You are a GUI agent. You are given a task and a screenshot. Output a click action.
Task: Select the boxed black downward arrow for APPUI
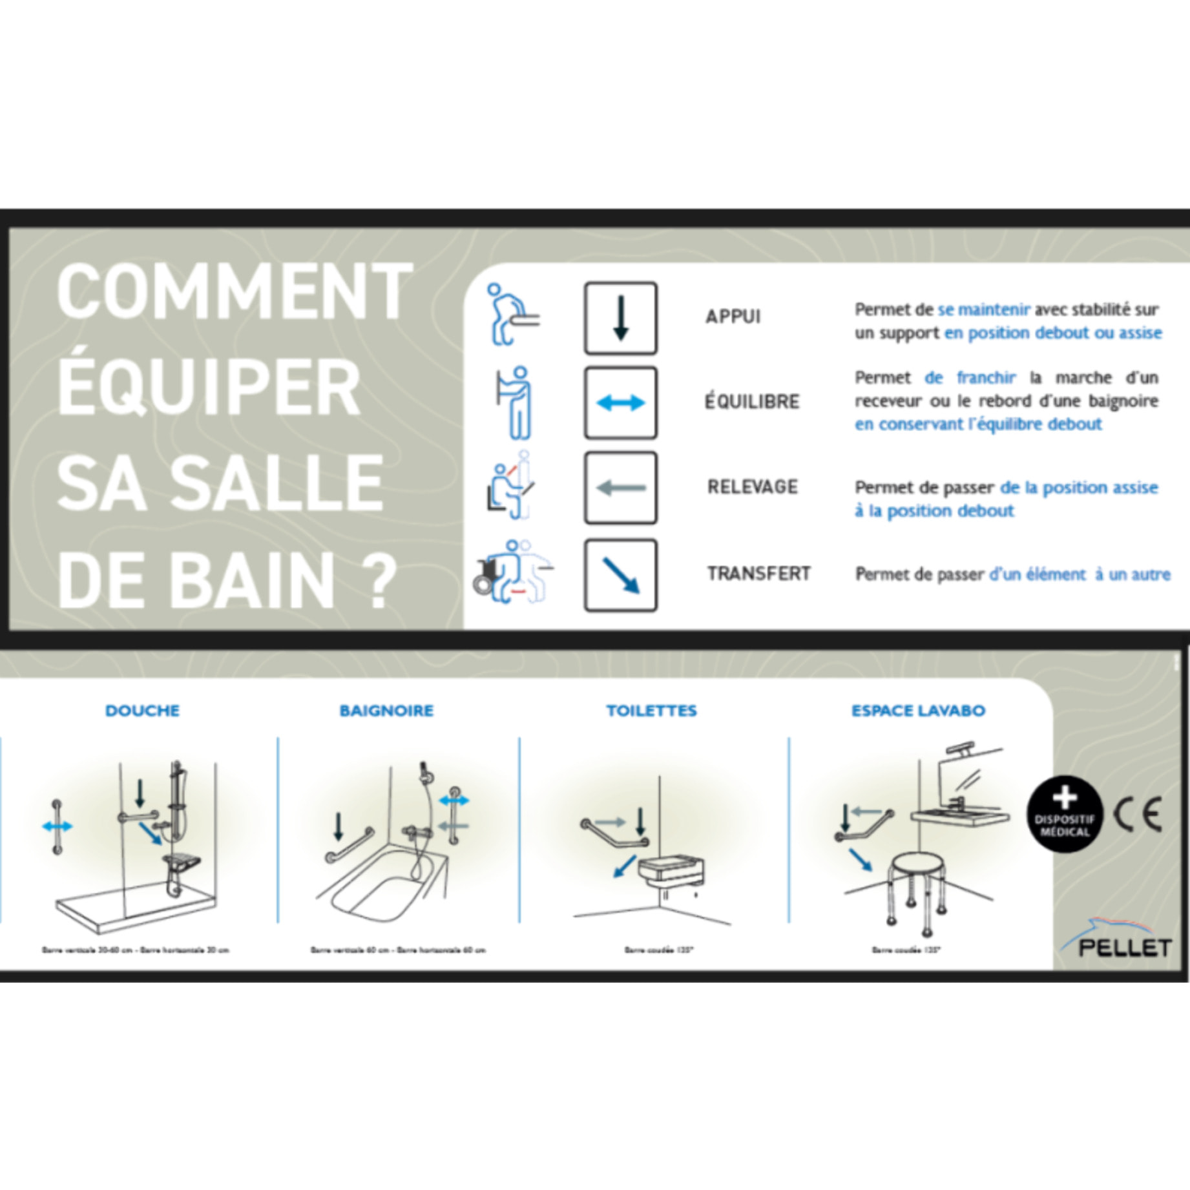[620, 318]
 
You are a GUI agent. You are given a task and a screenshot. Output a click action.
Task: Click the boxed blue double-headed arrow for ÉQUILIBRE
[620, 402]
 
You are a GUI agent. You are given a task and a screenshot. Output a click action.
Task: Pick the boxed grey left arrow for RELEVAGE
[620, 488]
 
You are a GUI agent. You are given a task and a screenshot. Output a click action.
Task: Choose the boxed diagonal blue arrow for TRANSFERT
[620, 575]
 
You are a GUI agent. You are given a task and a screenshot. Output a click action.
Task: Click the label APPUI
[733, 317]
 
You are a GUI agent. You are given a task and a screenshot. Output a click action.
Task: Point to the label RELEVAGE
[752, 486]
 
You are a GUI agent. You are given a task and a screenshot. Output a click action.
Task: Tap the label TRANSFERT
[758, 573]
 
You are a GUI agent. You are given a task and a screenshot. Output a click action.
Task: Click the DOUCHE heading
[142, 711]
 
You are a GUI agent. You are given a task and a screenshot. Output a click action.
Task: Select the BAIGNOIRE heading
[386, 711]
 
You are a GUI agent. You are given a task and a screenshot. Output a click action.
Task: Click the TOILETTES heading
[651, 711]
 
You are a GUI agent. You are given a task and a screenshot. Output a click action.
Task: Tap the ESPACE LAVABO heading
[918, 711]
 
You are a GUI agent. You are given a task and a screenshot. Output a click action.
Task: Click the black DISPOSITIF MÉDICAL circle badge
[1065, 815]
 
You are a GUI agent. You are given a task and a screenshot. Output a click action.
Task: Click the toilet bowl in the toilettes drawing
[672, 870]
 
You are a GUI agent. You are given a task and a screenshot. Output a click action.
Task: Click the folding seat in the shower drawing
[181, 862]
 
